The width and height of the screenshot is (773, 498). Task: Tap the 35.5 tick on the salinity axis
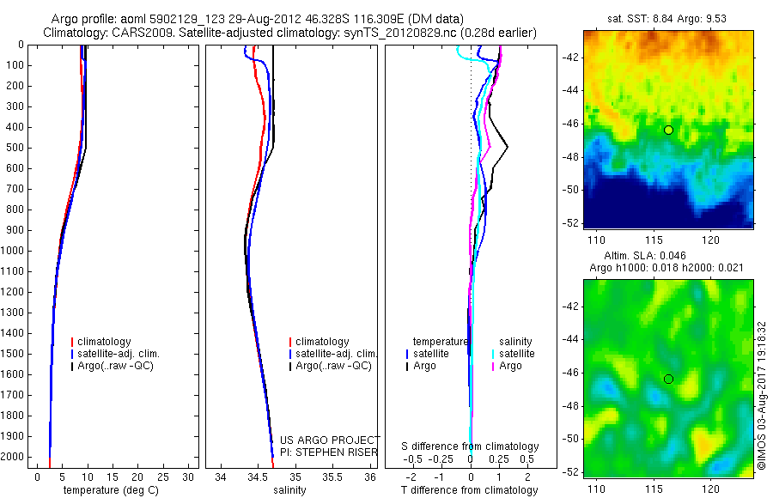pos(332,477)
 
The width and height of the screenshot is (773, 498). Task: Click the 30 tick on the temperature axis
pos(189,477)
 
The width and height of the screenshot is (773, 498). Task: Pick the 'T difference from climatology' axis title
pos(470,490)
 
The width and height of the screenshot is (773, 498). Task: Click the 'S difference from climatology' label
pos(470,446)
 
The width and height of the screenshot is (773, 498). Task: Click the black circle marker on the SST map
pos(668,130)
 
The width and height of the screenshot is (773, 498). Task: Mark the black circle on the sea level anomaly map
pos(668,379)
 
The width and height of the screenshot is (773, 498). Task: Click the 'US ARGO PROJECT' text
pos(330,440)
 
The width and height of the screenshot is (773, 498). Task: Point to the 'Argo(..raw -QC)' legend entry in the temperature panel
pos(122,366)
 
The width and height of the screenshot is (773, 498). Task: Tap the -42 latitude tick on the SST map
pos(571,58)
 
